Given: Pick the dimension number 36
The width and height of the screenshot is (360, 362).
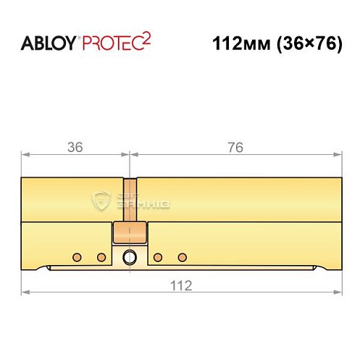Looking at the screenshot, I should coord(75,147).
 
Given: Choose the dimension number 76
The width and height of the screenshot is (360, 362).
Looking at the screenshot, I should coord(235,147).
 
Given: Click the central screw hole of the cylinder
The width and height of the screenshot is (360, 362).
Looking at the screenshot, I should coord(130,256).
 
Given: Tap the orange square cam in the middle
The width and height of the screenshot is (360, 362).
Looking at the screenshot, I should coord(130,234).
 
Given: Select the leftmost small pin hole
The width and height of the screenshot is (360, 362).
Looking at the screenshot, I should coord(76,256).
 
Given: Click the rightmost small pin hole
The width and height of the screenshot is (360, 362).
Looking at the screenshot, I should coord(182,256).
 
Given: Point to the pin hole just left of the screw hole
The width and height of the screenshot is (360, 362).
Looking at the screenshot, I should coord(101,256).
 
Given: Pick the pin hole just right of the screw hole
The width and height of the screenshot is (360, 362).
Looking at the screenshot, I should coord(156,256).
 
